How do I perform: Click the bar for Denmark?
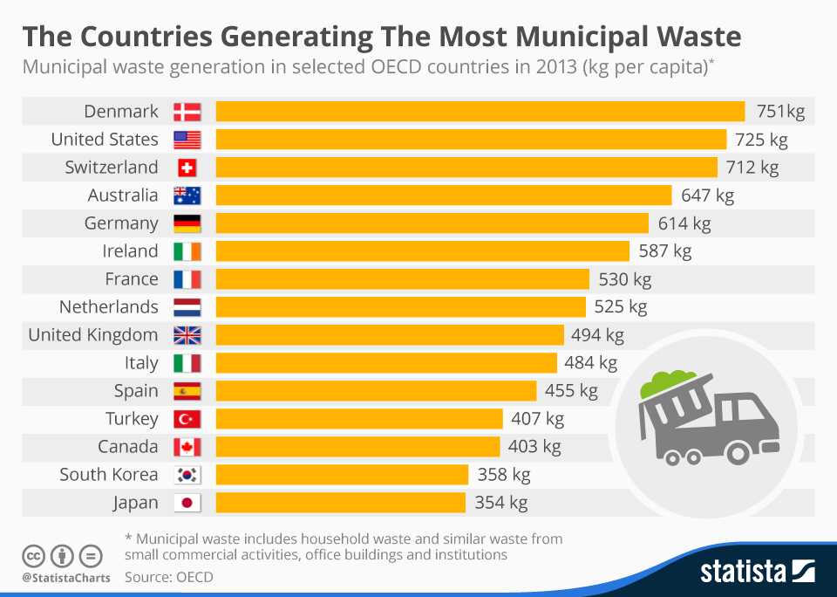tap(480, 112)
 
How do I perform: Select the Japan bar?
tap(340, 503)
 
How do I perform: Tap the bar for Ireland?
tap(422, 251)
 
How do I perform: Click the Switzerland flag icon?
tap(187, 168)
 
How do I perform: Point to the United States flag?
tap(187, 140)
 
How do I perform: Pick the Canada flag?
tap(187, 447)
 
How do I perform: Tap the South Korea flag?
tap(187, 475)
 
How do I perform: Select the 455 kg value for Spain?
tap(571, 391)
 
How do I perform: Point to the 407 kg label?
tap(537, 419)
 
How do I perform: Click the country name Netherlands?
tap(109, 307)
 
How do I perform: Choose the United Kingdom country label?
tap(93, 335)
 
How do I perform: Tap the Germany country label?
tap(121, 223)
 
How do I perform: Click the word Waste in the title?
tap(689, 38)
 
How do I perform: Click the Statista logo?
tap(757, 572)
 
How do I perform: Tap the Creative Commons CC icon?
tap(34, 556)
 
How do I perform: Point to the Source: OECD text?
tap(168, 577)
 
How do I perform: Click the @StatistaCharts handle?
tap(66, 578)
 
